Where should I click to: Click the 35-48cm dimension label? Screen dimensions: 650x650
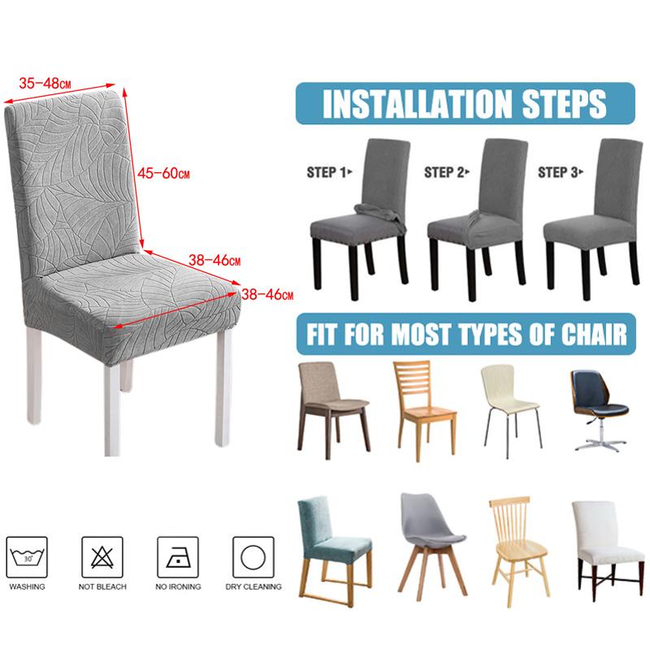point(45,84)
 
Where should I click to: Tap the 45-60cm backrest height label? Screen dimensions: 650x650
point(163,173)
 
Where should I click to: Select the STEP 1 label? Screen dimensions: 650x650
point(329,172)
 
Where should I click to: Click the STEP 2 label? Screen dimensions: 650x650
point(446,172)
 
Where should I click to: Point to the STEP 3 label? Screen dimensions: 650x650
point(561,172)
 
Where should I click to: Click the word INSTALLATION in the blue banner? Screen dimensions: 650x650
point(417,103)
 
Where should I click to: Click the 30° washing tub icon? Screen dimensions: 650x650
point(27,557)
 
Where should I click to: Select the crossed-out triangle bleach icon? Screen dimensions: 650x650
point(102,557)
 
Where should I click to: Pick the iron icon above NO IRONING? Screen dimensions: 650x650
point(177,557)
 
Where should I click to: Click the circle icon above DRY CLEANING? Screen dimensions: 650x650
point(253,557)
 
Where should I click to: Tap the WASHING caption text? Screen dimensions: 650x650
point(27,587)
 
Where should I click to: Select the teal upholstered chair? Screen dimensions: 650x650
point(334,552)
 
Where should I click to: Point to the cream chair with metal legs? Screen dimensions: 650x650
point(511,410)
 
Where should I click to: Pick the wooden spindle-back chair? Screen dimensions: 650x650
point(518,552)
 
